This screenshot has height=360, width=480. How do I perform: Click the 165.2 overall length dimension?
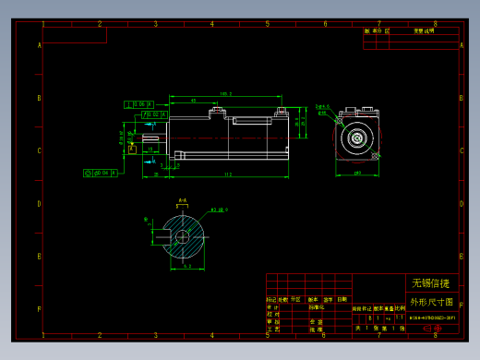[x=225, y=94]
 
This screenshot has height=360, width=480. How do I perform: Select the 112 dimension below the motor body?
[x=228, y=174]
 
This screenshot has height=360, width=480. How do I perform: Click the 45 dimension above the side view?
[x=193, y=101]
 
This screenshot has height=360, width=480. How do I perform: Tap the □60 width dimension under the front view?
[x=357, y=173]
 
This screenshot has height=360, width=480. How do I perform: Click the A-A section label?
[x=183, y=200]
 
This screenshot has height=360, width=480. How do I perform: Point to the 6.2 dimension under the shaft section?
[x=187, y=266]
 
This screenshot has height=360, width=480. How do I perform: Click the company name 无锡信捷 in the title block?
[x=430, y=283]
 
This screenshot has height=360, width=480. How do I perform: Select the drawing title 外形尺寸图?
[x=431, y=302]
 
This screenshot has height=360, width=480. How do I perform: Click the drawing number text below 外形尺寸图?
[x=432, y=316]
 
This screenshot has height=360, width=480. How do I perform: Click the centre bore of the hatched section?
[x=183, y=236]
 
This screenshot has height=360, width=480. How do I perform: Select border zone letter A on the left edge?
[x=39, y=44]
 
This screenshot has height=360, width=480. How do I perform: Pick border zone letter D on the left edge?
[x=39, y=205]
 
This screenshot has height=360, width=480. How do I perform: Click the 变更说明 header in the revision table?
[x=424, y=30]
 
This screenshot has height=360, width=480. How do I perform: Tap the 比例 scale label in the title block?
[x=400, y=308]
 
